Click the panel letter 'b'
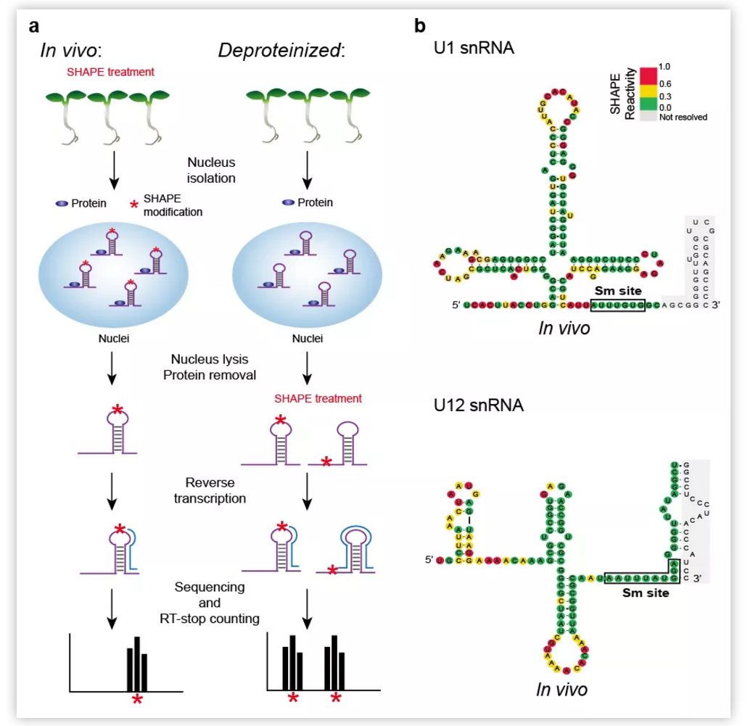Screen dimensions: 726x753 (x=420, y=27)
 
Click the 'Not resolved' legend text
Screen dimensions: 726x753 (x=682, y=116)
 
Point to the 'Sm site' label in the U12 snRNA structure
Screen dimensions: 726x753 (x=645, y=592)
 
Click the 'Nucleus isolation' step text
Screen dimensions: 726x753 (x=210, y=169)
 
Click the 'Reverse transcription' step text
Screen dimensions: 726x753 (x=210, y=490)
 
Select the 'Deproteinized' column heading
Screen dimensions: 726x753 (x=281, y=51)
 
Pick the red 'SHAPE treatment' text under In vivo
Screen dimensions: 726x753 (x=111, y=72)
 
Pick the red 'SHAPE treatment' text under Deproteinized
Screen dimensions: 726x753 (x=318, y=398)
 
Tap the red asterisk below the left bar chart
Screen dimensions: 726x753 (x=136, y=699)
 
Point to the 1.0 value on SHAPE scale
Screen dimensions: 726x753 (x=664, y=67)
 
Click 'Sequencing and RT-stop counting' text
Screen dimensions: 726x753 (x=210, y=601)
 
